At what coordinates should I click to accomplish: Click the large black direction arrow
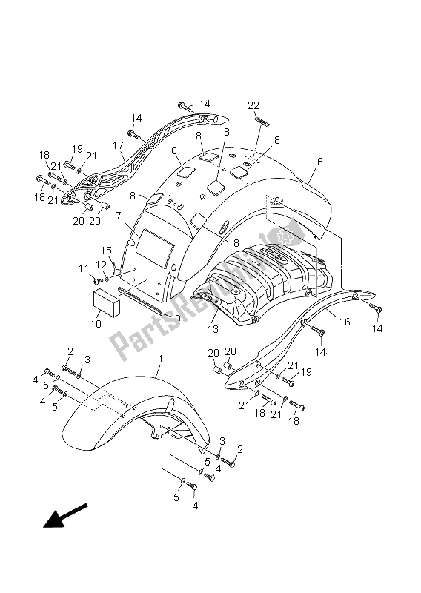(65, 516)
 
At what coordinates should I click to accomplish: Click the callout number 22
(253, 105)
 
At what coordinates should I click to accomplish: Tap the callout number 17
(118, 145)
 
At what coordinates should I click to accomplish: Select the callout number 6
(320, 162)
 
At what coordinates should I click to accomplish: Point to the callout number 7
(119, 216)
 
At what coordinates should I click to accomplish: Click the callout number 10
(96, 324)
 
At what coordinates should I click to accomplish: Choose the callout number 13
(213, 329)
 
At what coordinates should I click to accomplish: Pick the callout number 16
(345, 322)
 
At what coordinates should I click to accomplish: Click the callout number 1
(160, 359)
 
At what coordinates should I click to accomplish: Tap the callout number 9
(177, 319)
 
